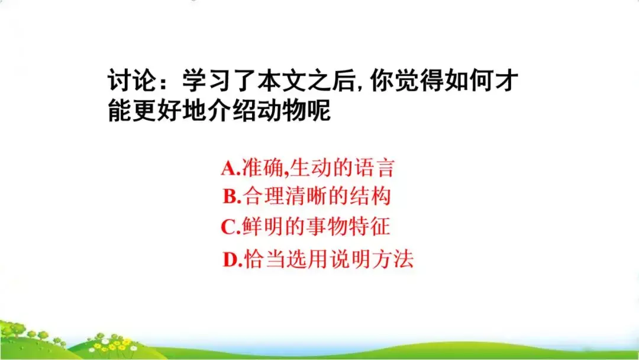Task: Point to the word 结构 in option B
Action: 373,197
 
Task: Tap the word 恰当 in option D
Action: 263,259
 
